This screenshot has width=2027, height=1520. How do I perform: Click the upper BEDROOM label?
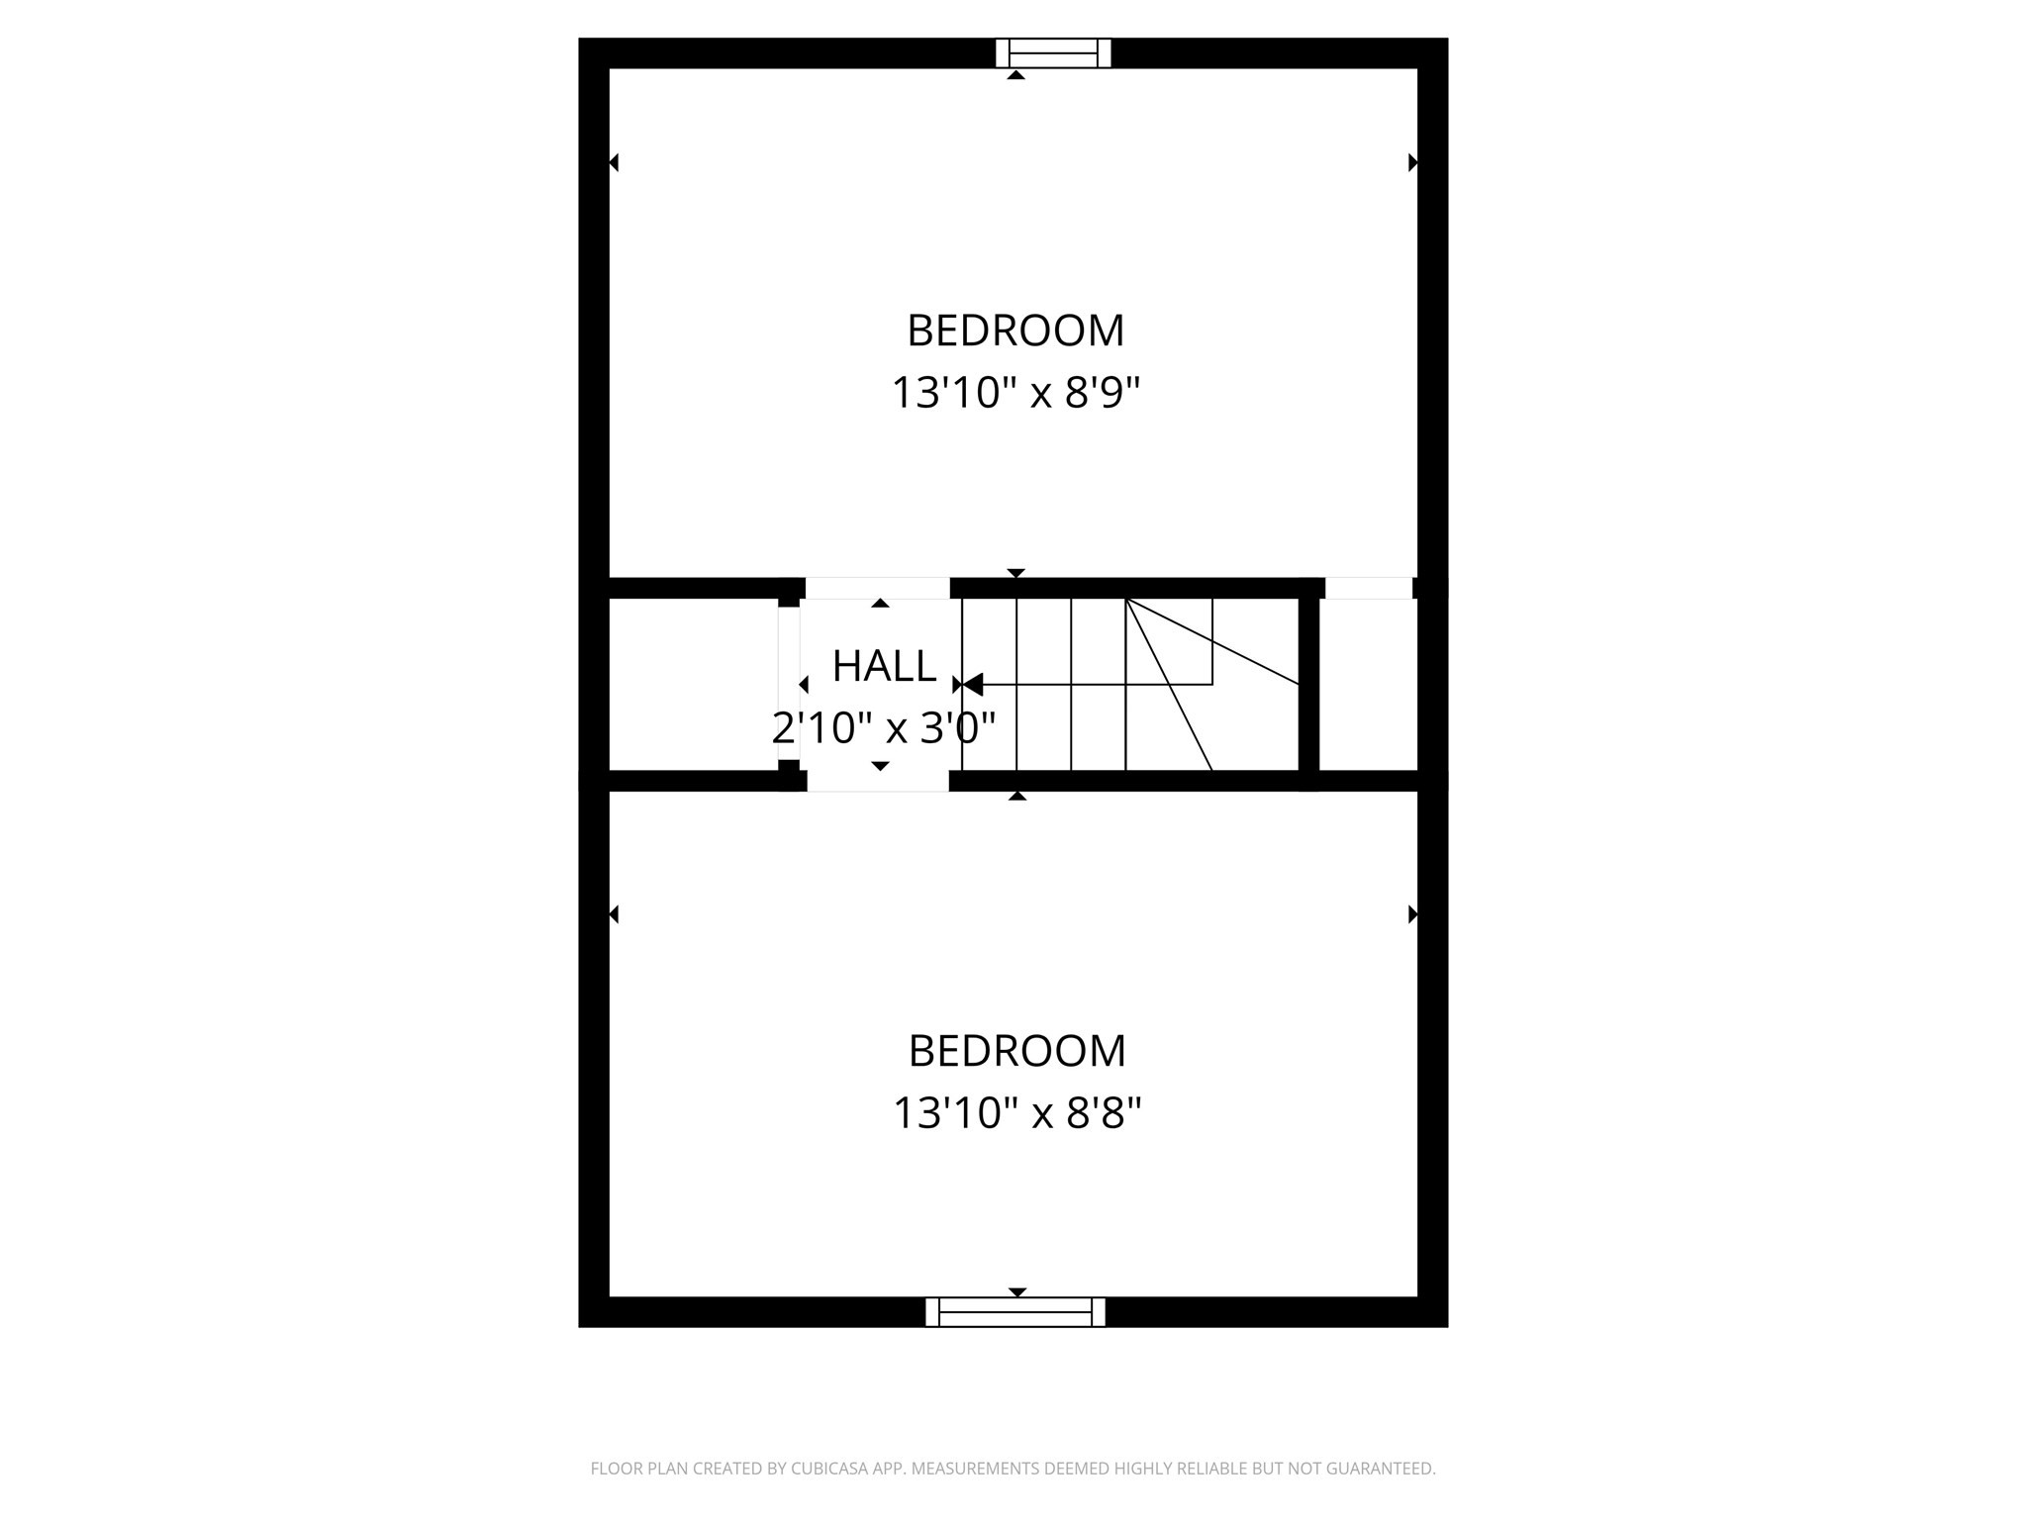click(1015, 331)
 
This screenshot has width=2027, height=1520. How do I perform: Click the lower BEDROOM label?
click(1016, 1051)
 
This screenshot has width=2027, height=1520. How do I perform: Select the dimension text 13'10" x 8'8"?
click(1016, 1113)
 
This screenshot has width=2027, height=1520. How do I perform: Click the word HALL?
click(884, 667)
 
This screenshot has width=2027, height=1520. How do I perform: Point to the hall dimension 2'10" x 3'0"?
click(883, 729)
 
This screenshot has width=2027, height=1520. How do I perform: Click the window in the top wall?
click(1053, 52)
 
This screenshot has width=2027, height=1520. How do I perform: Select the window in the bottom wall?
click(1015, 1312)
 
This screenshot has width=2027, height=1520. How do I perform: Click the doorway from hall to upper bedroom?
click(878, 588)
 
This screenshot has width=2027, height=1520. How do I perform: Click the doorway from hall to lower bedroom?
click(878, 781)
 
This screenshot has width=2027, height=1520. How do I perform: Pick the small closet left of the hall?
click(693, 684)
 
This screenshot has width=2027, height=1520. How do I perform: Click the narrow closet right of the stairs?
click(1368, 684)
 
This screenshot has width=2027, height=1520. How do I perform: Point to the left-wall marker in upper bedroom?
click(615, 162)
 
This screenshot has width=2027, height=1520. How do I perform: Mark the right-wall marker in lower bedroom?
click(1412, 914)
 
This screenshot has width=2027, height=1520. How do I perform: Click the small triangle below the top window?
click(1015, 75)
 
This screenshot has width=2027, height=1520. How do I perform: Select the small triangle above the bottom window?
click(1016, 1291)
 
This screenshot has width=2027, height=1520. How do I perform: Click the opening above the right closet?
click(1368, 588)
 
